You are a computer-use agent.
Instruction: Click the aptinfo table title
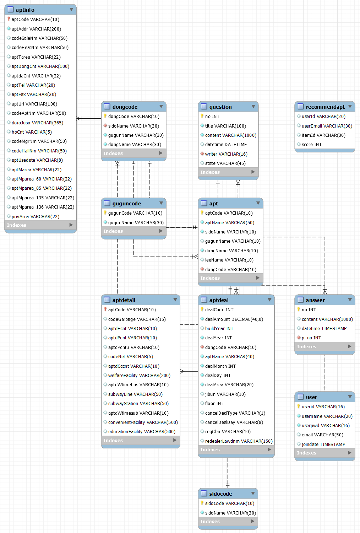[25, 10]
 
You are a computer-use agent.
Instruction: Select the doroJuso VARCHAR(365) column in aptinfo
[37, 123]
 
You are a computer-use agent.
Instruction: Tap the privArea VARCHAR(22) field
[35, 217]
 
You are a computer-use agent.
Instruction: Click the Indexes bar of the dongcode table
[133, 154]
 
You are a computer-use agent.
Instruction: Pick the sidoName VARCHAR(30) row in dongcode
[133, 126]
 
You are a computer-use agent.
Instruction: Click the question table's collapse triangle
[253, 107]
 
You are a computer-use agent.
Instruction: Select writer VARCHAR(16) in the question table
[226, 154]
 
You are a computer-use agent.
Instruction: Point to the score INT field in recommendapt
[312, 145]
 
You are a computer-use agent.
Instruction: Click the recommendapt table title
[325, 107]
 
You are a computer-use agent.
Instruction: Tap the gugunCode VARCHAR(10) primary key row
[135, 213]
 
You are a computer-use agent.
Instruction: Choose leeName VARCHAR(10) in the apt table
[229, 260]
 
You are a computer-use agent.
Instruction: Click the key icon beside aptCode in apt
[202, 213]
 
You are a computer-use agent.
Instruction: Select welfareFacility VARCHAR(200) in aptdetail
[139, 376]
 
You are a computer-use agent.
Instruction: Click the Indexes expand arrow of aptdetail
[175, 440]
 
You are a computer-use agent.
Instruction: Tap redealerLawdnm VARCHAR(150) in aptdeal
[239, 441]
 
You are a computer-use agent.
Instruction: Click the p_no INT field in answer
[311, 338]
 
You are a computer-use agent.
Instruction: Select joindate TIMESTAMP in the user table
[323, 445]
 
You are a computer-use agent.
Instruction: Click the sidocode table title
[220, 494]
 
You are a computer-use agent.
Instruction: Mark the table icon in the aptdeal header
[204, 300]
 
